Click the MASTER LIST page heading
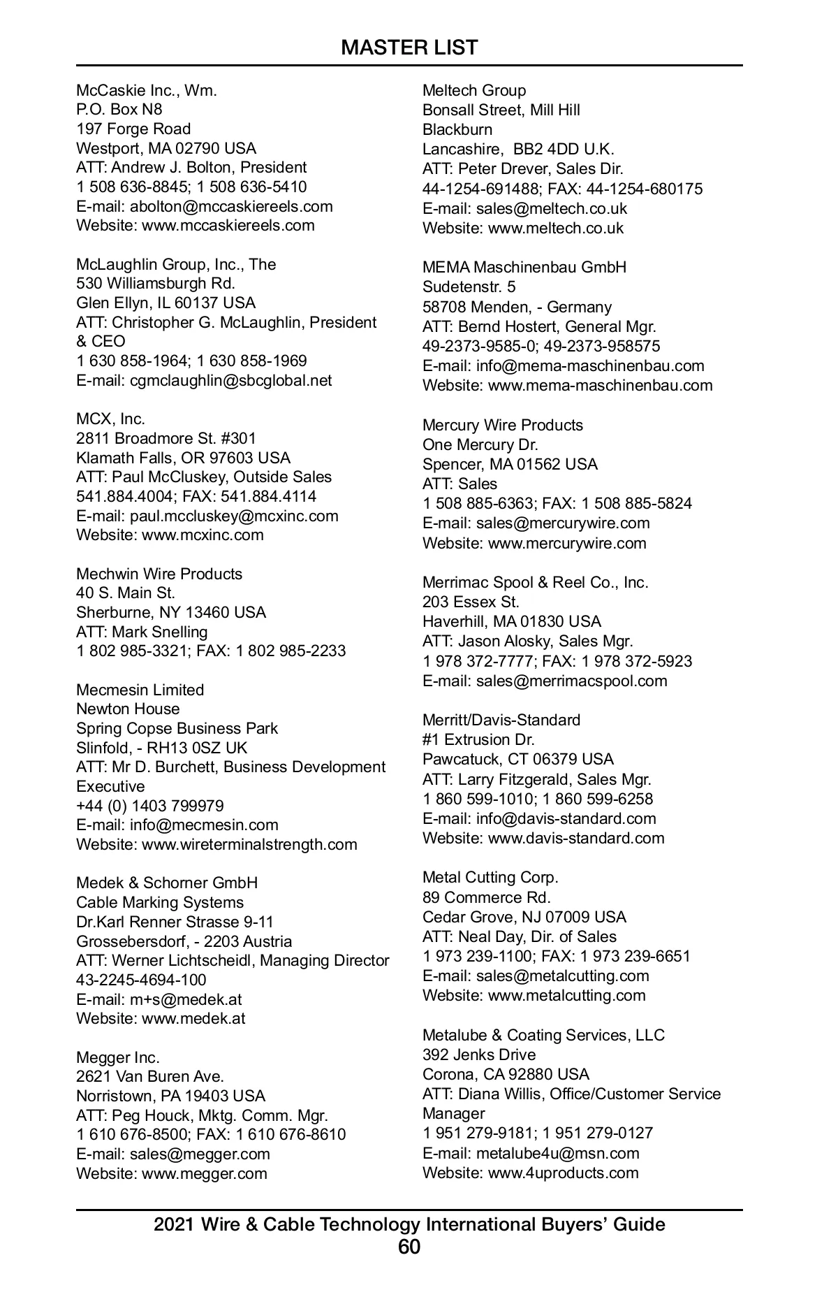tap(409, 48)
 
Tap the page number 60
tap(409, 1247)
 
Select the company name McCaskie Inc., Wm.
tap(147, 90)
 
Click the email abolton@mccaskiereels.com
tap(231, 206)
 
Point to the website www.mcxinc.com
tap(203, 535)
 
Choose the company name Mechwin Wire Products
tap(159, 574)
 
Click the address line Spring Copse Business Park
tap(177, 728)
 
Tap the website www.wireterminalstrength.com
tap(249, 844)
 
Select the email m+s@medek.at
tap(186, 999)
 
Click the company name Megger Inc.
tap(118, 1057)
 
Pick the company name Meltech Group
tap(474, 90)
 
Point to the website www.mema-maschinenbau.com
tap(600, 385)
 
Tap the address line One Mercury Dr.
tap(480, 444)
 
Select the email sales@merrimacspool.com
tap(571, 681)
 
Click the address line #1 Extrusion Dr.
tap(478, 739)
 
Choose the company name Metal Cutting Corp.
tap(490, 877)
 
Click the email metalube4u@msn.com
tap(557, 1153)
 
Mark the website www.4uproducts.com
tap(563, 1173)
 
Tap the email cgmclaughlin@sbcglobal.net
tap(230, 381)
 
